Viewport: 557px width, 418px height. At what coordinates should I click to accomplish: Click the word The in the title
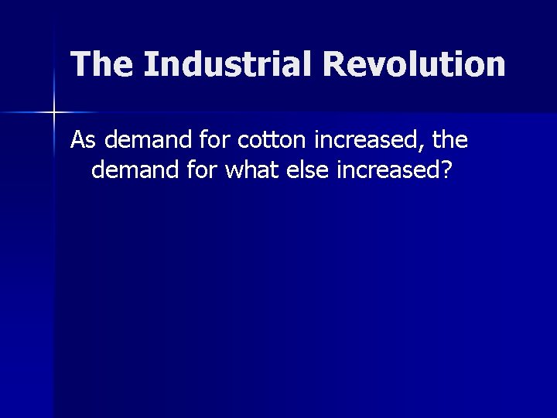point(102,64)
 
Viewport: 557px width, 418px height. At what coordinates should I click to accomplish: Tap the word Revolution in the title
point(415,64)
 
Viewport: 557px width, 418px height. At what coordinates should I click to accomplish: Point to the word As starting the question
point(84,141)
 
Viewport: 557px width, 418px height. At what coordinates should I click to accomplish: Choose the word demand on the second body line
point(135,170)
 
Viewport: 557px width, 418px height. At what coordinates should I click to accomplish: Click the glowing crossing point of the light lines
point(53,114)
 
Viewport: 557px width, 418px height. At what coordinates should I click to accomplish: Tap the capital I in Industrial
point(150,64)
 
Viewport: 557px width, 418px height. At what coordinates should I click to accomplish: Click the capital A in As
point(78,141)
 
